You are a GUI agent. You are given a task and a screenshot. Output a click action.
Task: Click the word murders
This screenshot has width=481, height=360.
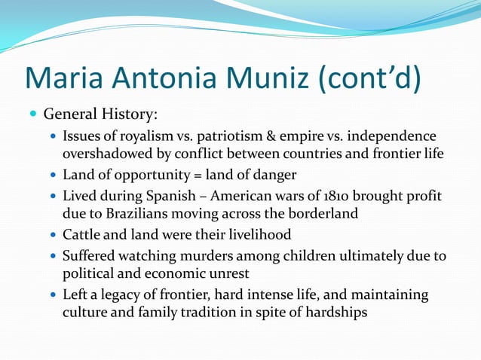tap(204, 256)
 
